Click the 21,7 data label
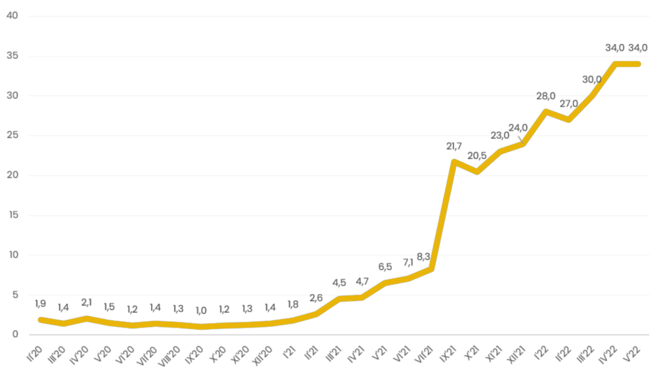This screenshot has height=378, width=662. (x=454, y=147)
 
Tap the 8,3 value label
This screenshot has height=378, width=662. (x=423, y=257)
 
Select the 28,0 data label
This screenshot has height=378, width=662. (x=546, y=96)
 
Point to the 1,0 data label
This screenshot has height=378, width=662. (x=201, y=311)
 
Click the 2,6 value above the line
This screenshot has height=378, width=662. (x=315, y=298)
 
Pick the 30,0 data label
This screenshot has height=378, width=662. (x=592, y=79)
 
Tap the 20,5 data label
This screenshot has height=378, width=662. (x=476, y=156)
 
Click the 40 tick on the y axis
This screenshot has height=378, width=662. (x=12, y=16)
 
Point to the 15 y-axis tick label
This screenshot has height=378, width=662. (x=13, y=215)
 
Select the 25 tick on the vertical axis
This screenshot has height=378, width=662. (x=12, y=135)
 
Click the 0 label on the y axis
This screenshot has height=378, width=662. (x=16, y=334)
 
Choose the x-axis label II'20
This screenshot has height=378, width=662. (x=34, y=353)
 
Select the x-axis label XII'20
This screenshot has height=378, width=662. (x=262, y=355)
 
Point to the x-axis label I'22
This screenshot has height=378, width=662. (x=542, y=353)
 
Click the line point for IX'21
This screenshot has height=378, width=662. (x=454, y=162)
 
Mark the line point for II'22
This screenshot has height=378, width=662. (x=569, y=120)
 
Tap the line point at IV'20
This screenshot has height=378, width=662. (x=86, y=318)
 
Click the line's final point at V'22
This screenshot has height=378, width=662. (x=638, y=64)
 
